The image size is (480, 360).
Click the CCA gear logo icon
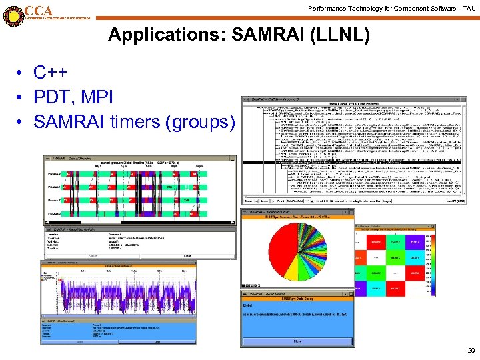[x=12, y=15]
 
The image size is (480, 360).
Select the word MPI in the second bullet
[x=98, y=97]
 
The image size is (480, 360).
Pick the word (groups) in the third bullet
[x=203, y=122]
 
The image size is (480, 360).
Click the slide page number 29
[x=471, y=350]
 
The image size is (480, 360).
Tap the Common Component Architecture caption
[x=57, y=18]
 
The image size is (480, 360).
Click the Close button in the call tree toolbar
[x=249, y=200]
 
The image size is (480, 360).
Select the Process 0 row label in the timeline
[x=53, y=174]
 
